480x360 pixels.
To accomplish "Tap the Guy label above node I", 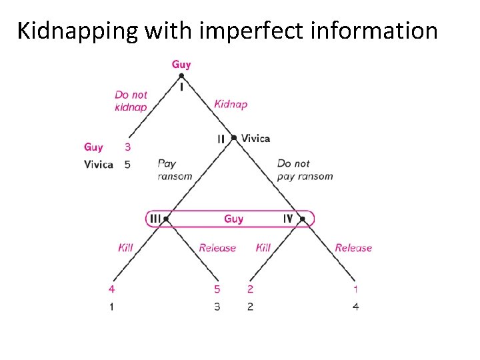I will tap(181, 64).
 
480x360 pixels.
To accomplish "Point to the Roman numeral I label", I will tap(181, 87).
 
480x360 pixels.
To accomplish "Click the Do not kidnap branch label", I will tap(131, 101).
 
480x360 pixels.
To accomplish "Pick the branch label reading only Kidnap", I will tap(231, 104).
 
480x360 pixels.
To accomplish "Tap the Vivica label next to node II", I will tap(255, 138).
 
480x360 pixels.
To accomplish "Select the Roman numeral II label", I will tap(221, 139).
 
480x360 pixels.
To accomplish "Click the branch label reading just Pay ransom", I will tap(175, 169).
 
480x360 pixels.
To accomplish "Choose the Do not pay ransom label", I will tap(305, 169).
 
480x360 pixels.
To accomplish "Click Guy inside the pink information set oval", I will tap(233, 219).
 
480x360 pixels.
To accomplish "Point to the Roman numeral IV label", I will tap(288, 218).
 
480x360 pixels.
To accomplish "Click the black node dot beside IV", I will tap(303, 219).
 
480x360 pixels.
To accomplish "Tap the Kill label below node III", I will tap(125, 247).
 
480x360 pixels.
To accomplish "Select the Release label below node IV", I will tap(353, 247).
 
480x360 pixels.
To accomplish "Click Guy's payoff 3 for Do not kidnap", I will tap(127, 147).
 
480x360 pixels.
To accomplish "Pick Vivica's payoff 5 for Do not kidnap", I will tap(127, 164).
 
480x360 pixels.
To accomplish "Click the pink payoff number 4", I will tap(111, 289).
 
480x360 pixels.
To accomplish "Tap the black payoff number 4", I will tap(355, 307).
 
